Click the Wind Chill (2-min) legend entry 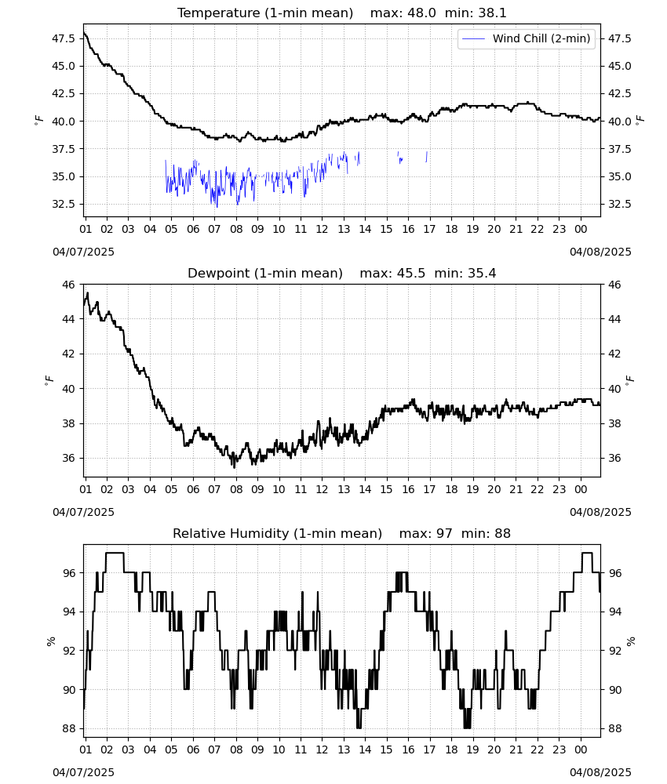click(527, 38)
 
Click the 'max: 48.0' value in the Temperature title click(403, 13)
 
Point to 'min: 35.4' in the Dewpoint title click(465, 274)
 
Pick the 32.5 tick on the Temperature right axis click(619, 204)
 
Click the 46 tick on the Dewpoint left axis click(69, 285)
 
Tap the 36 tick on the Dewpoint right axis click(614, 458)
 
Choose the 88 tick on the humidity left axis click(69, 728)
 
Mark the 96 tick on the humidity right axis click(614, 573)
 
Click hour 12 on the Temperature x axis click(322, 229)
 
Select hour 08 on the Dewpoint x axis click(236, 489)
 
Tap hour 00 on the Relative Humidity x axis click(581, 750)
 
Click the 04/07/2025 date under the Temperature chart click(83, 252)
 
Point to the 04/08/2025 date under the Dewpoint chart click(600, 512)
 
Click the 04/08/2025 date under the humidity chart click(600, 772)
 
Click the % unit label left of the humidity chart click(50, 641)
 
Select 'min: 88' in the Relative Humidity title click(486, 533)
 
